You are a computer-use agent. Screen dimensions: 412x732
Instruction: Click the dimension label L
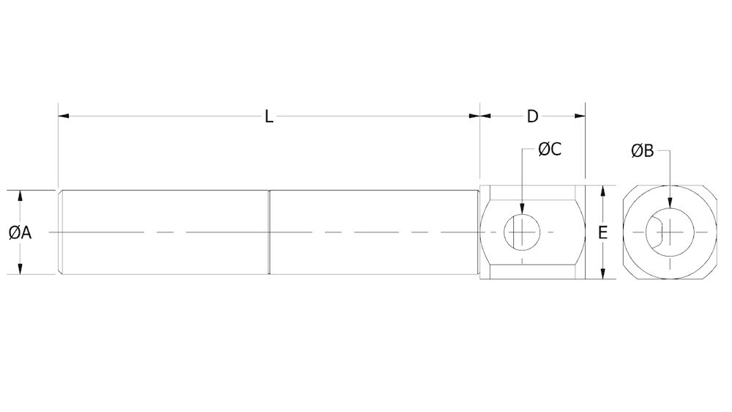click(x=269, y=117)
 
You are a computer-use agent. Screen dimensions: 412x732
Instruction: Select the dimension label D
click(x=532, y=117)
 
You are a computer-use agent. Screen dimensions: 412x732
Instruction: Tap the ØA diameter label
click(x=20, y=232)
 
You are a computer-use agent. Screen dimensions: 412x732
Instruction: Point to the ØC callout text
click(x=549, y=150)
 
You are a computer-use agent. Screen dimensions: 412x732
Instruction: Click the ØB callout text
click(x=642, y=151)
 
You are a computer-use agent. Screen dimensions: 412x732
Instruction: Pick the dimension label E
click(x=602, y=233)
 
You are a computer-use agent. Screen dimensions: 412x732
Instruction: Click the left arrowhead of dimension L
click(x=63, y=116)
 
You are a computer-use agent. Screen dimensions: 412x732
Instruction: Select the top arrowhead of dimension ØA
click(x=20, y=195)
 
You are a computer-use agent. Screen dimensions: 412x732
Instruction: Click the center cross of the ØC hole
click(x=521, y=232)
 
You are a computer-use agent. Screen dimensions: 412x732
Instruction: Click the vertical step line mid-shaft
click(x=269, y=232)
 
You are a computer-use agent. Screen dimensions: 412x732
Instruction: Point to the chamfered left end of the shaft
click(x=61, y=232)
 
